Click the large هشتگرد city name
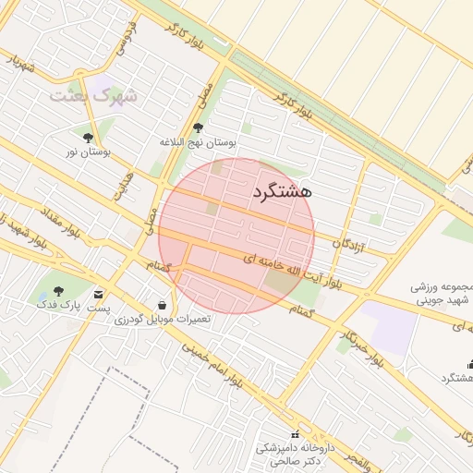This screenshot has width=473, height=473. [282, 192]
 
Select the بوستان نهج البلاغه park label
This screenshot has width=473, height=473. [198, 142]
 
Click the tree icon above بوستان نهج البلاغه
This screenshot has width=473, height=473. [198, 128]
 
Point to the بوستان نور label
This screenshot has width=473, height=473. [88, 152]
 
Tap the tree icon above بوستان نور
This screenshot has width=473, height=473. [88, 138]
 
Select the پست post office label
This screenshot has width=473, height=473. [98, 308]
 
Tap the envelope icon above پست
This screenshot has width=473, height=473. [98, 295]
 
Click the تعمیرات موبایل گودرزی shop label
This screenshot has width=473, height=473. [163, 319]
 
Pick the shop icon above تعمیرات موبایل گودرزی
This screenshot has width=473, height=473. [163, 305]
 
